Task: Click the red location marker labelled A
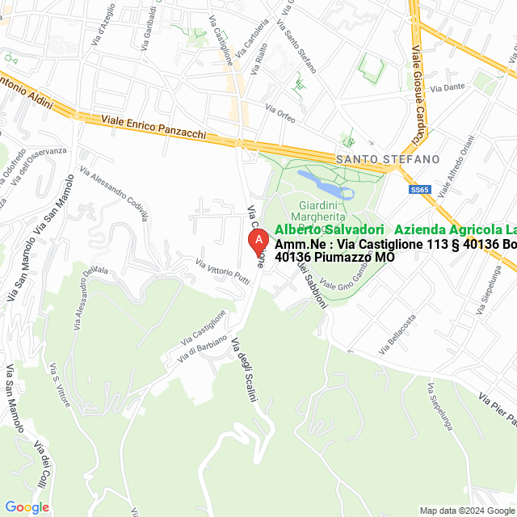[257, 241]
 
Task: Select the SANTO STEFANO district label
[388, 159]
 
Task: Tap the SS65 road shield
[419, 189]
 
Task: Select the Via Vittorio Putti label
[222, 271]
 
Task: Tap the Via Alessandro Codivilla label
[116, 195]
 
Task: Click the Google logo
[27, 507]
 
